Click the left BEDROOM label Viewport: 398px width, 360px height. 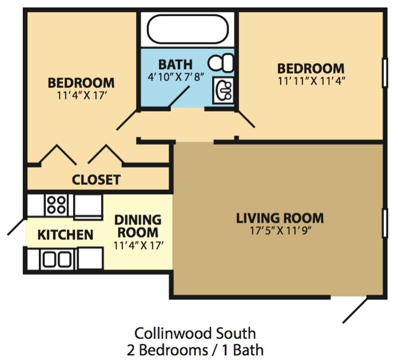81,83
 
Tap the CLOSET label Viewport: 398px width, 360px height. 96,179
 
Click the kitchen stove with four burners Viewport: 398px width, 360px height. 56,204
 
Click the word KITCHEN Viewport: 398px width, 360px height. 65,234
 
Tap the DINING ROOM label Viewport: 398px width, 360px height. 137,226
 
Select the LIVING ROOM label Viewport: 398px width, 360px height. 279,218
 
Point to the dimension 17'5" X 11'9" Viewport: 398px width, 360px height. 279,231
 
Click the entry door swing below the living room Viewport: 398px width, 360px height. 356,309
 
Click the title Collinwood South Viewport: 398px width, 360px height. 195,333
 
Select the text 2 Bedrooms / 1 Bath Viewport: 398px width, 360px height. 195,349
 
